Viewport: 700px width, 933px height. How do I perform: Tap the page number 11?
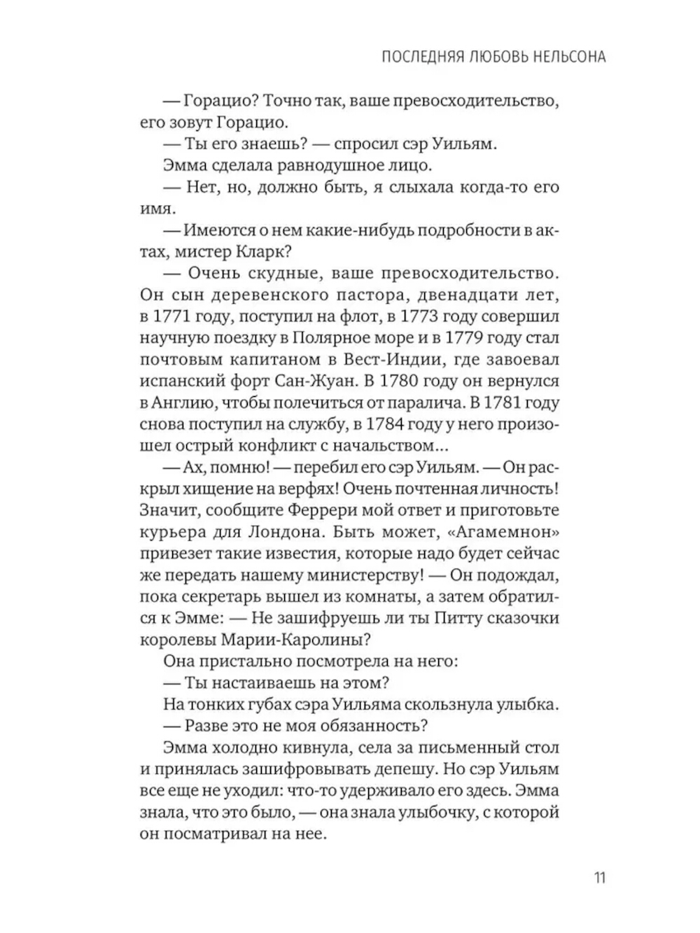pyautogui.click(x=599, y=877)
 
